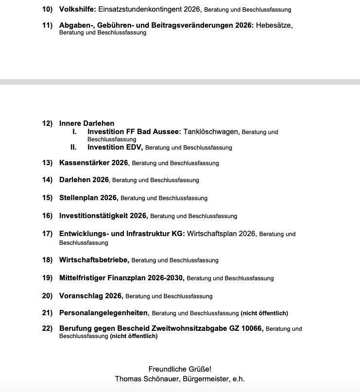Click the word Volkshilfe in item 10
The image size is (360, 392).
pos(77,9)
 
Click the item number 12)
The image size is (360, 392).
pos(47,123)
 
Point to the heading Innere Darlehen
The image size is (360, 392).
pos(86,123)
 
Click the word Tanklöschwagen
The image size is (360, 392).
pos(211,132)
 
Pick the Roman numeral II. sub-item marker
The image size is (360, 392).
pos(74,147)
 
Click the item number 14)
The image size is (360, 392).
pos(47,180)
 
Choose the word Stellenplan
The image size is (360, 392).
pos(79,198)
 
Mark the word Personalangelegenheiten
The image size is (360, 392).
pos(103,313)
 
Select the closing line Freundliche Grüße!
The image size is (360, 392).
pos(180,369)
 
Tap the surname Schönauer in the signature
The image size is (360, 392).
pos(161,378)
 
